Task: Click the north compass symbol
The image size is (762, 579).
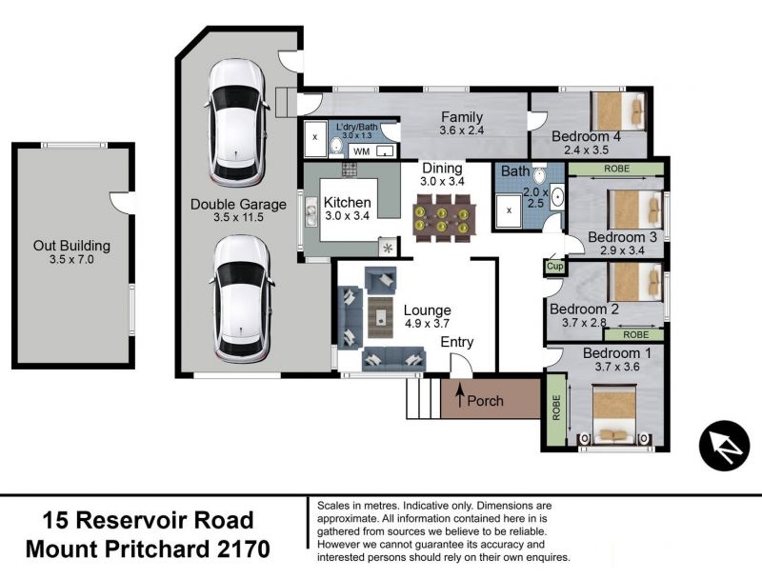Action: (x=724, y=446)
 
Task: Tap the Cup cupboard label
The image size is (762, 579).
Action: (x=554, y=267)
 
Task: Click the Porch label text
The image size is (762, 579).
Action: (x=485, y=401)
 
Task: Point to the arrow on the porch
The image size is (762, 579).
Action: (x=459, y=395)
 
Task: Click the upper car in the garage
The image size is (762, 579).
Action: (x=237, y=122)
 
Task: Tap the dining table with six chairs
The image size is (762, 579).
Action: (x=442, y=218)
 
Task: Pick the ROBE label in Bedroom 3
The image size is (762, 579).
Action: (x=616, y=169)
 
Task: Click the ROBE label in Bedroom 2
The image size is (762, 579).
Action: (x=635, y=334)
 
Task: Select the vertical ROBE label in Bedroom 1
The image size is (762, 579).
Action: (x=556, y=408)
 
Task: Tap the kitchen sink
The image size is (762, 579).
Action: (x=311, y=214)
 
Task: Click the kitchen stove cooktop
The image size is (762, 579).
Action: (x=349, y=170)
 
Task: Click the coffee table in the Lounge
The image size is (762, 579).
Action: (x=380, y=317)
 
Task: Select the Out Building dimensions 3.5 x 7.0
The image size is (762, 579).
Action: (x=71, y=259)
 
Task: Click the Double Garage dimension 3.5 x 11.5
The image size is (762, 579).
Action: (x=238, y=217)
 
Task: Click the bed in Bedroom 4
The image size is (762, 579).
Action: (x=618, y=110)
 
